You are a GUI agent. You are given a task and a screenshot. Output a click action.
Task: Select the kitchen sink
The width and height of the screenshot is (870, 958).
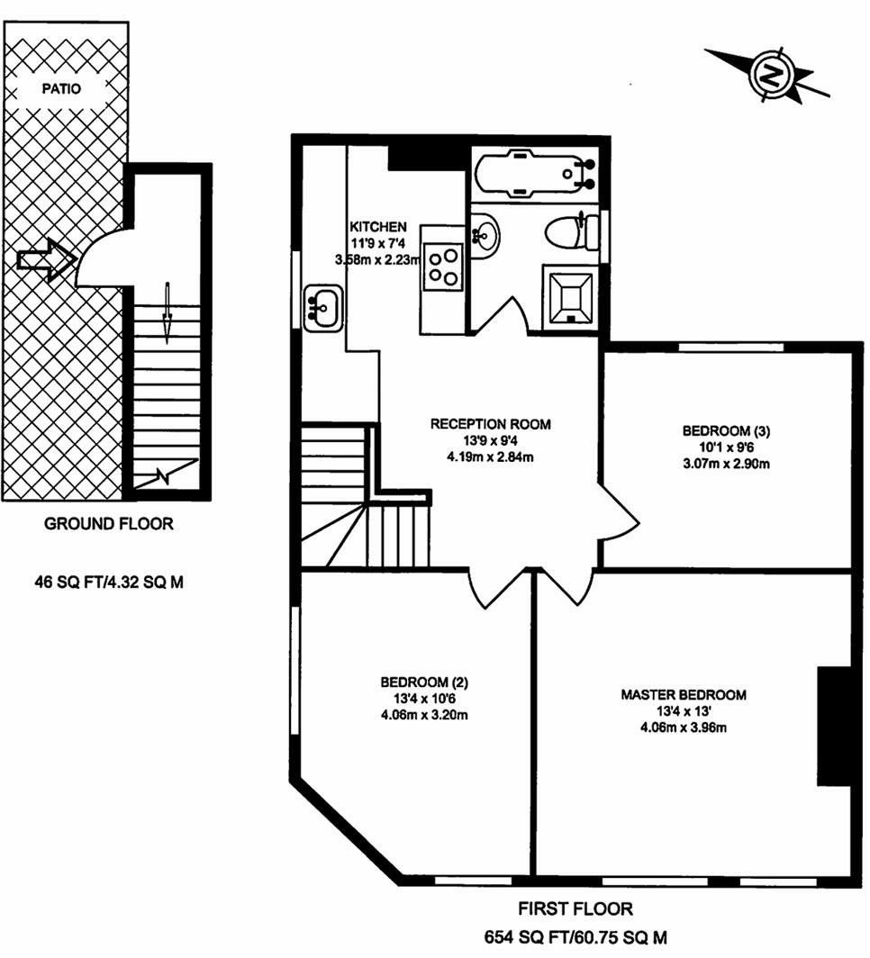point(322,307)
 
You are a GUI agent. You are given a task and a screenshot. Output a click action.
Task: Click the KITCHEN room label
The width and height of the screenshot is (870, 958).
point(379,227)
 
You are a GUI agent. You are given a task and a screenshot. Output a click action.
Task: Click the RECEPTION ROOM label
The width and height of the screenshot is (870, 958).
point(490,424)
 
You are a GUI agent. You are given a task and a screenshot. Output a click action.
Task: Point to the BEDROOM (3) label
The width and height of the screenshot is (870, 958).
point(726,430)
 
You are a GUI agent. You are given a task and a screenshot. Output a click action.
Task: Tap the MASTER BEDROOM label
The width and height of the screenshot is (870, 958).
point(684,694)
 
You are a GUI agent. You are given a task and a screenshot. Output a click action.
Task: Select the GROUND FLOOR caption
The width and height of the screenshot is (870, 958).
point(109,523)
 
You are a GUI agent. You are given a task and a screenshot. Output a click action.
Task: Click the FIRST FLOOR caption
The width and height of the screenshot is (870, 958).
point(575,908)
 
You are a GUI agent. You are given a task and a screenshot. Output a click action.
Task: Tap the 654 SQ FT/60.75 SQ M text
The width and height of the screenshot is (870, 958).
point(575,937)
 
